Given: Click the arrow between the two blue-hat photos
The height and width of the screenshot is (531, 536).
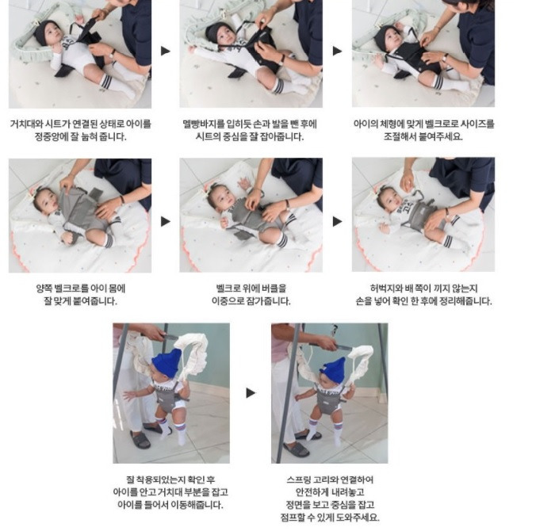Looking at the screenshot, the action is (x=251, y=393).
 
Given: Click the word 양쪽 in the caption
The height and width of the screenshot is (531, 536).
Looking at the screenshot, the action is (x=44, y=288).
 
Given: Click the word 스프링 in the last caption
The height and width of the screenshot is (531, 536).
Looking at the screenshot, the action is (x=298, y=480).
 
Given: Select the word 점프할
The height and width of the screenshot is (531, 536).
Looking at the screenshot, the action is (x=293, y=518).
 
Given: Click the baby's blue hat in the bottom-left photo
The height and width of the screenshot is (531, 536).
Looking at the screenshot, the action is (x=167, y=363).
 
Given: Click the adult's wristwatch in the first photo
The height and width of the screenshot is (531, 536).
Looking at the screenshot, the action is (x=112, y=55).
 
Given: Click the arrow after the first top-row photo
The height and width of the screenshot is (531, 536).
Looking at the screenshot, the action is (x=166, y=51).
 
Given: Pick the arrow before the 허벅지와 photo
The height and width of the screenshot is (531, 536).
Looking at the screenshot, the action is (x=338, y=221).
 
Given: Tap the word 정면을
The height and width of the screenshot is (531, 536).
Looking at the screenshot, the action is (x=298, y=505).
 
